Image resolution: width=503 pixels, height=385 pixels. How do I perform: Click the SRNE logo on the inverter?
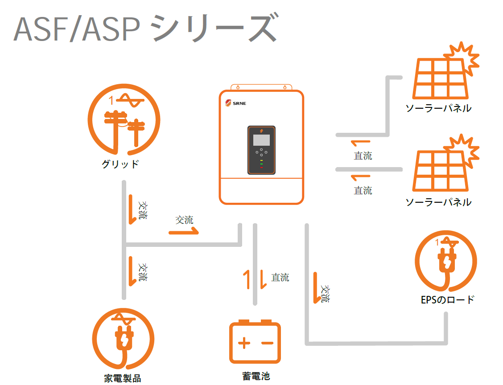(x=235, y=103)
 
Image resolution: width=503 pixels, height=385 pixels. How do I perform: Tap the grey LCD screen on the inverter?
(x=261, y=140)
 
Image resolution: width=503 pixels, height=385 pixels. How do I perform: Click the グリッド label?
(x=120, y=164)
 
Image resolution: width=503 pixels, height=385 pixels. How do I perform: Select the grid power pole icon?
(x=123, y=122)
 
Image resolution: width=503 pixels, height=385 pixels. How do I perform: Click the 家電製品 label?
(x=123, y=378)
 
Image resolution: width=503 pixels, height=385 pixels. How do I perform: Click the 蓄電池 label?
(x=256, y=376)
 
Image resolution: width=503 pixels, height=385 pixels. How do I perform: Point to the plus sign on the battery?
(x=244, y=343)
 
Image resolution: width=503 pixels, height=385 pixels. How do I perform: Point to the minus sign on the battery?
(x=267, y=343)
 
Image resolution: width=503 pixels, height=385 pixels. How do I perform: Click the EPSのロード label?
(x=447, y=299)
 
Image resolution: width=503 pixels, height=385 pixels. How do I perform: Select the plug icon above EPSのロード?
(x=446, y=263)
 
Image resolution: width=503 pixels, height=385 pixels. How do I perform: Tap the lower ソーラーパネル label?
(x=438, y=202)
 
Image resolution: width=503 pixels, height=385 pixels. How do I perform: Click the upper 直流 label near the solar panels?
(x=363, y=156)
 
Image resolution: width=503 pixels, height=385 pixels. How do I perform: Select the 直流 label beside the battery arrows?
(x=280, y=278)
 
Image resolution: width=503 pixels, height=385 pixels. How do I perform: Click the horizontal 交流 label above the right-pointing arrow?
(x=184, y=220)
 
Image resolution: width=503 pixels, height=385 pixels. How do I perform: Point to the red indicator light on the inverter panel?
(x=261, y=168)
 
